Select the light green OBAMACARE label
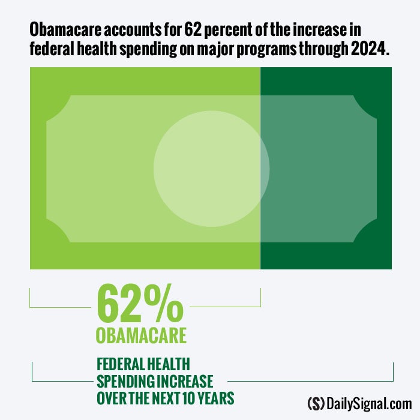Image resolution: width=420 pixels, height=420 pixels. click(141, 335)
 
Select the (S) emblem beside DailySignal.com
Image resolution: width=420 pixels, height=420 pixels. click(316, 403)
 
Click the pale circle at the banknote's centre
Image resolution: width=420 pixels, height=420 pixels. click(211, 169)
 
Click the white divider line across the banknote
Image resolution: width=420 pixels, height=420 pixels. click(260, 168)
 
